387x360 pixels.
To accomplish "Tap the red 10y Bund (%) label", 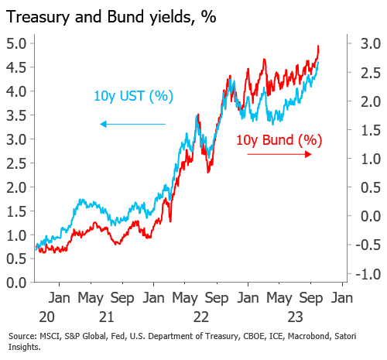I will point(278,140).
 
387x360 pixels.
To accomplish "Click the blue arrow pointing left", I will point(132,123).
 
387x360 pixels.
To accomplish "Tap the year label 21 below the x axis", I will point(107,317).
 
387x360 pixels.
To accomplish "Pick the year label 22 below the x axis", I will point(200,317).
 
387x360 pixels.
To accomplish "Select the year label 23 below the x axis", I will point(295,317).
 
